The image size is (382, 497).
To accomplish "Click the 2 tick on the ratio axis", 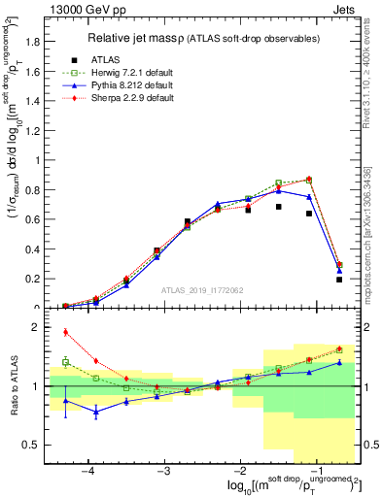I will point(39,327).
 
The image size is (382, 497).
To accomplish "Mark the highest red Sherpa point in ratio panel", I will point(66,332).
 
